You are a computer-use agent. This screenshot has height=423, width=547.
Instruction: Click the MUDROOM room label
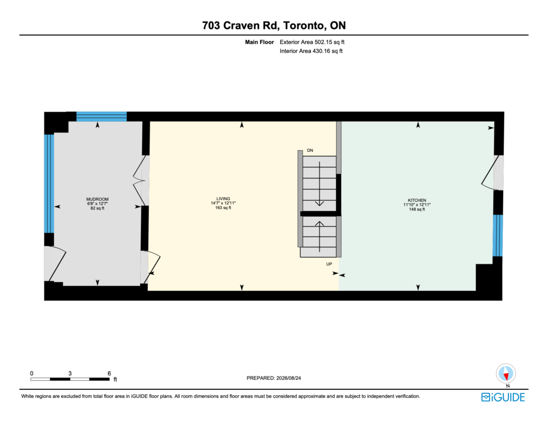pyautogui.click(x=97, y=199)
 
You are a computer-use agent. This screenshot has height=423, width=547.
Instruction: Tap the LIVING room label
pyautogui.click(x=223, y=199)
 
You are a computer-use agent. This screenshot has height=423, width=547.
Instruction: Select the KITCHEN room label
pyautogui.click(x=417, y=200)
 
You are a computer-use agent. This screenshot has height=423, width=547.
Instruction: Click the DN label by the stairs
pyautogui.click(x=310, y=150)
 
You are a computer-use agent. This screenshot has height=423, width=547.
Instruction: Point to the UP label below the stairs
pyautogui.click(x=329, y=264)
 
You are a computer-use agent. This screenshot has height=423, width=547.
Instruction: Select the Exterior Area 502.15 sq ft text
pyautogui.click(x=312, y=42)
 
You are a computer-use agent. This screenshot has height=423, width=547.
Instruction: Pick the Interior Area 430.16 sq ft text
pyautogui.click(x=311, y=51)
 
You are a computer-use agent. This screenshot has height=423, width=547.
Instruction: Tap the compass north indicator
pyautogui.click(x=506, y=374)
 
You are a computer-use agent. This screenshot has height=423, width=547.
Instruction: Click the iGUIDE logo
pyautogui.click(x=503, y=397)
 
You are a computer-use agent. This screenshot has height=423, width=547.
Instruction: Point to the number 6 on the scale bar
pyautogui.click(x=109, y=373)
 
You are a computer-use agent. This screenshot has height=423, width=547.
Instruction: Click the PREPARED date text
pyautogui.click(x=274, y=378)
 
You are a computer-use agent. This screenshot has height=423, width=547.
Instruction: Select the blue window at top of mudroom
pyautogui.click(x=101, y=116)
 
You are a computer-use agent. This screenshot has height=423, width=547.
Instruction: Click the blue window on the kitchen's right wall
pyautogui.click(x=498, y=236)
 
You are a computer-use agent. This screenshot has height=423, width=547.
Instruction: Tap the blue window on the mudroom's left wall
pyautogui.click(x=49, y=184)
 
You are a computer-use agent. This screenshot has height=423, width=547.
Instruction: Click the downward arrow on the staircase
pyautogui.click(x=319, y=184)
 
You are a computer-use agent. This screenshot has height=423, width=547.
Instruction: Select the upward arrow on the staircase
pyautogui.click(x=319, y=237)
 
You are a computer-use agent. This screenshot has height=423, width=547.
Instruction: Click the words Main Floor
pyautogui.click(x=260, y=42)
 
